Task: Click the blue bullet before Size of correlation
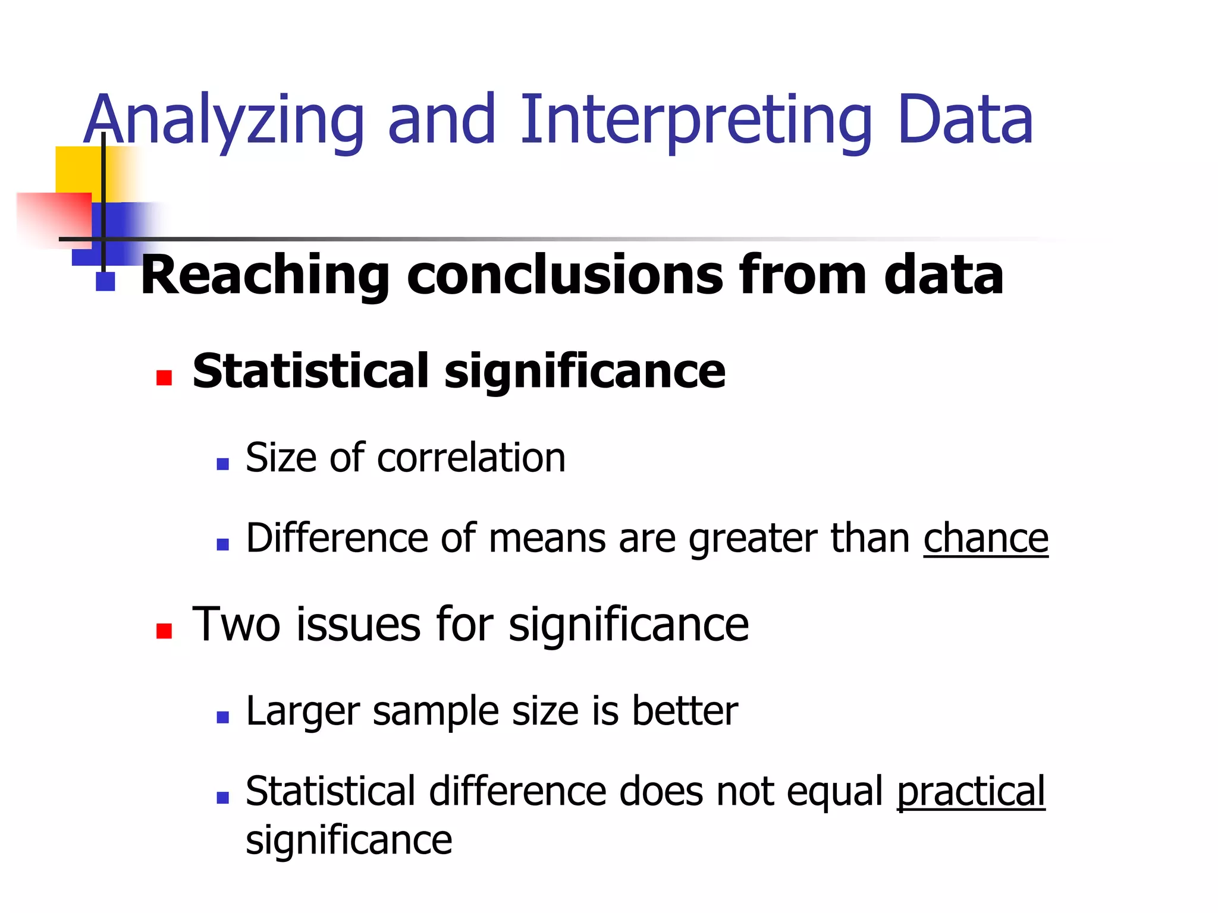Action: tap(223, 464)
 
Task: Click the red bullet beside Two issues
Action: tap(164, 631)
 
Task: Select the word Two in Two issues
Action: tap(236, 625)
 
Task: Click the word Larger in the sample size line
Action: tap(303, 711)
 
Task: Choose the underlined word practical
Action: tap(971, 792)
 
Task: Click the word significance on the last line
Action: tap(349, 840)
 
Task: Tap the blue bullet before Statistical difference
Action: tap(223, 798)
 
